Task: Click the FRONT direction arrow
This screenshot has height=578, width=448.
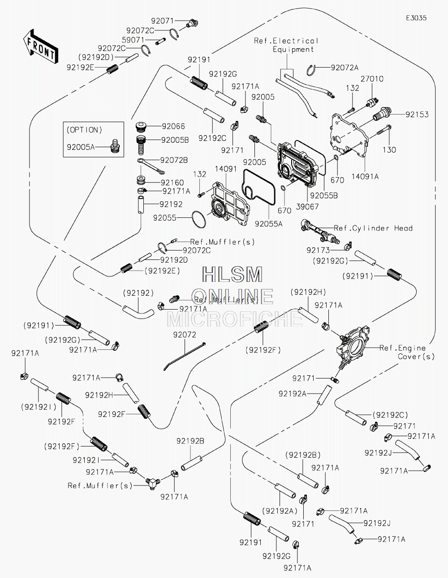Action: coord(40,46)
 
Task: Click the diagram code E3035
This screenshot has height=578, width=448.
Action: coord(416,18)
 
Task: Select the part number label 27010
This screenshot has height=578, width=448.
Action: coord(372,79)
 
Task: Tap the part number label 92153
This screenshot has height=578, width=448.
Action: coord(417,115)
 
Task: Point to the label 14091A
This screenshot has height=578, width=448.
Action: coord(365,176)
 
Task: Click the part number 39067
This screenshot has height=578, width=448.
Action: coord(307,207)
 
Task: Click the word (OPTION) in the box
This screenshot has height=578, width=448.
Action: coord(84,130)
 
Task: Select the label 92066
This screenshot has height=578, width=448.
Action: coord(173,126)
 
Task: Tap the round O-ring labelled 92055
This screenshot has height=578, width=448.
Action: coord(199,220)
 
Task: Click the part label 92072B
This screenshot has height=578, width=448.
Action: coord(174,160)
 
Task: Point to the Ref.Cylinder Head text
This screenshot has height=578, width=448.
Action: coord(373,228)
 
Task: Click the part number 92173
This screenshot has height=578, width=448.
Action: coord(318,250)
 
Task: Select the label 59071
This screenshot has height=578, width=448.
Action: coord(133,40)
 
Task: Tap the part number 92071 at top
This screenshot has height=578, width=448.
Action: coord(163,21)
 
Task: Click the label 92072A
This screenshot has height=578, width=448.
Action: coord(345,68)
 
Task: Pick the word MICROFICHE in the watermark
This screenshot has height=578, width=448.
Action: coord(235,319)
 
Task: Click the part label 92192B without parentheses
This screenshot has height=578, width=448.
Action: coord(190,441)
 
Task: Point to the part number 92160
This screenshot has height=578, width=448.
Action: coord(172,183)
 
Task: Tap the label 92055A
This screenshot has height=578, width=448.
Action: coord(268,224)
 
